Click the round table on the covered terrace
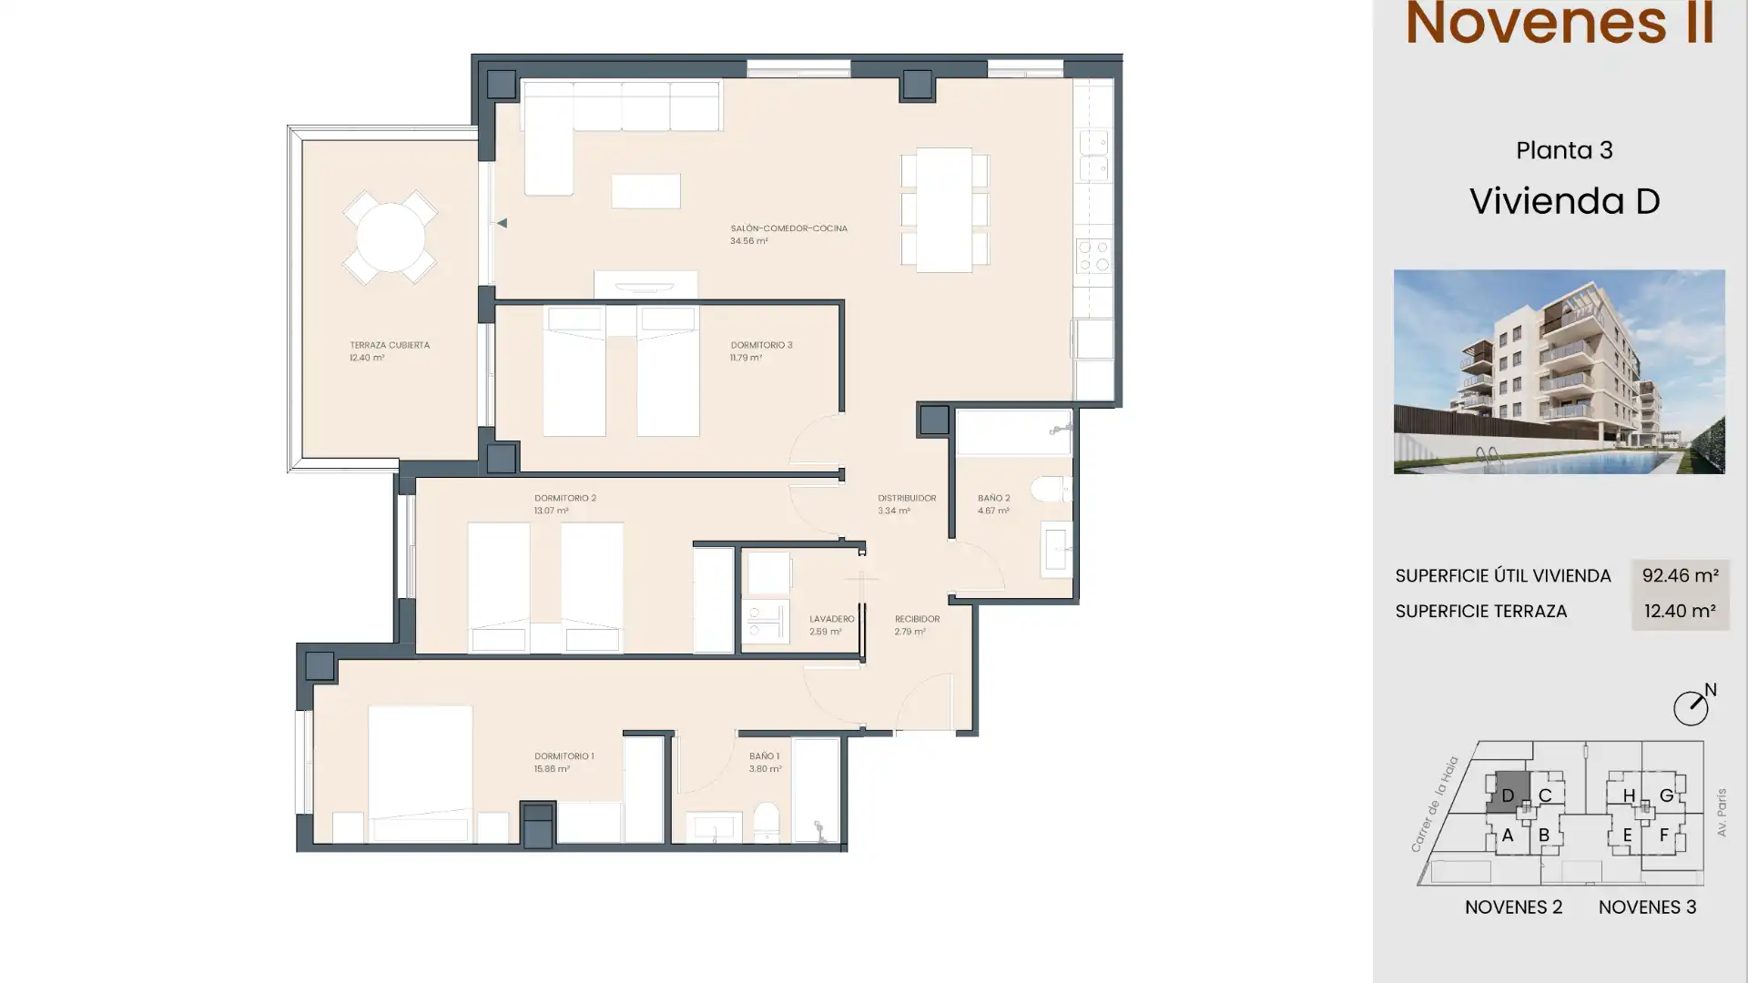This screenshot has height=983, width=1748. click(x=390, y=238)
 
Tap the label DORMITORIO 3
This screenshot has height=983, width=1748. click(x=761, y=345)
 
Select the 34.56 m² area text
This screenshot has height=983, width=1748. click(x=748, y=241)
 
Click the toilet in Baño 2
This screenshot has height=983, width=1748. click(x=1052, y=491)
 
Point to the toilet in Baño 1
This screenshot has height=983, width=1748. click(x=766, y=822)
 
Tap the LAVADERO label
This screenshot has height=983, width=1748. click(x=831, y=619)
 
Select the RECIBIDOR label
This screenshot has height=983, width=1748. click(x=917, y=619)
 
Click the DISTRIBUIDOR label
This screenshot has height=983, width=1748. click(x=907, y=498)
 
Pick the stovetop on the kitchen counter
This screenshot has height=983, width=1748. click(x=1093, y=256)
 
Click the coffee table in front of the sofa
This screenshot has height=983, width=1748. click(x=645, y=191)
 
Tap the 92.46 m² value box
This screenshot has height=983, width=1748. click(x=1680, y=576)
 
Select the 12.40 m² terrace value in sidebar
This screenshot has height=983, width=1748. click(x=1680, y=612)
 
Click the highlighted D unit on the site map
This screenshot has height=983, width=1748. click(x=1508, y=794)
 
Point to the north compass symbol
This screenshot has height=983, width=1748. click(x=1692, y=706)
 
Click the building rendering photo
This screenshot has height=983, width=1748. click(x=1559, y=371)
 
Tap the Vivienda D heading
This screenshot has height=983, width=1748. click(x=1564, y=201)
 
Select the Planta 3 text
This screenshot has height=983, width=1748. click(x=1564, y=150)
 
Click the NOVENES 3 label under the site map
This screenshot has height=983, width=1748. click(x=1647, y=907)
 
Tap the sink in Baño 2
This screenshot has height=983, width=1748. click(x=1056, y=550)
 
